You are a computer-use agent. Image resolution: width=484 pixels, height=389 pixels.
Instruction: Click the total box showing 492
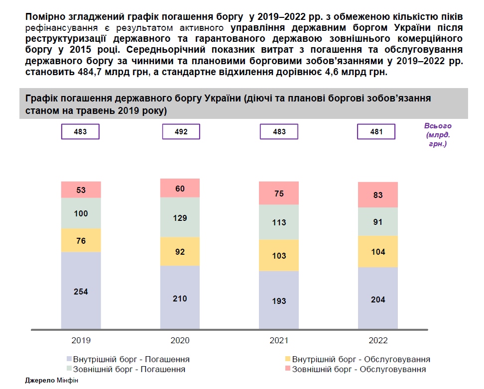[181, 132]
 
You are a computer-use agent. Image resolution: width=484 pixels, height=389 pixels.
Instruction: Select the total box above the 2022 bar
[376, 132]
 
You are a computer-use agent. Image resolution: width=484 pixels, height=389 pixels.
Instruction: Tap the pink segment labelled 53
[81, 190]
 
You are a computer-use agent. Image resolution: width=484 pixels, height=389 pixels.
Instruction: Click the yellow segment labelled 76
[81, 241]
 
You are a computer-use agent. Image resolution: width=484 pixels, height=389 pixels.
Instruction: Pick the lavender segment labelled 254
[81, 291]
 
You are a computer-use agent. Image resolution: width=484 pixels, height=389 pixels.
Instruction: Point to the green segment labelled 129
[180, 217]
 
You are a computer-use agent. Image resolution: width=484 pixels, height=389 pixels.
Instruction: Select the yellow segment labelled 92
[180, 252]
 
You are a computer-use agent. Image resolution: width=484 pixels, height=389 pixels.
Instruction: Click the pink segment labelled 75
[279, 194]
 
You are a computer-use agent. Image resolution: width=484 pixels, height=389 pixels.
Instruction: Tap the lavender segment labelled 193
[279, 300]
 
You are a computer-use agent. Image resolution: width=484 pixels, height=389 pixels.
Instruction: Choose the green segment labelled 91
[378, 222]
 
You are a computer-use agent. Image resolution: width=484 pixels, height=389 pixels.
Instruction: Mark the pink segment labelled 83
[378, 195]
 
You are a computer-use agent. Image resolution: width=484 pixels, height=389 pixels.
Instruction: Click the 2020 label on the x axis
[180, 341]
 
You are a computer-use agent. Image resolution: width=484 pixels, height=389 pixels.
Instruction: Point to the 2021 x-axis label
[279, 341]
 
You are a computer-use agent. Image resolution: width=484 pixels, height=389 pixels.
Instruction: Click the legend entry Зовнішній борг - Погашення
[129, 370]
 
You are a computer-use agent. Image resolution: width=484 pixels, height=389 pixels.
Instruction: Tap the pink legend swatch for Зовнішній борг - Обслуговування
[288, 369]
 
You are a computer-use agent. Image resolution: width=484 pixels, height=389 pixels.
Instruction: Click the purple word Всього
[438, 126]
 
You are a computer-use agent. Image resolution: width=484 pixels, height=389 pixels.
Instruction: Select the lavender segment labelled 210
[180, 297]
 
